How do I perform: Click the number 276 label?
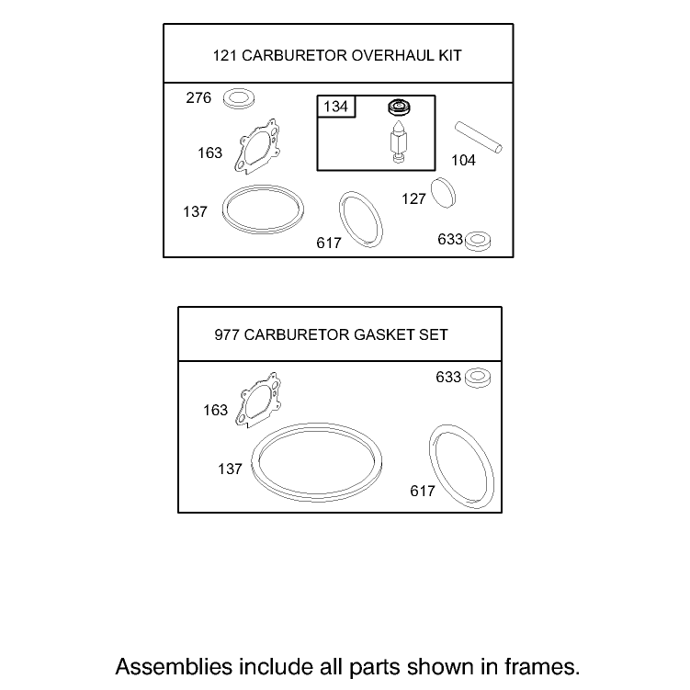[198, 97]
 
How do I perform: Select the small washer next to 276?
[239, 98]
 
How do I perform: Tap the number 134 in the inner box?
[335, 107]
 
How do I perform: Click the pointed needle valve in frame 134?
[399, 141]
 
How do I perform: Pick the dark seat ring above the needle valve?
[400, 107]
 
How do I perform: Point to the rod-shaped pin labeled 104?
[479, 137]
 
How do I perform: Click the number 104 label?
[463, 160]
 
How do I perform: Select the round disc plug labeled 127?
[443, 193]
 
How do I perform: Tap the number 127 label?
[413, 198]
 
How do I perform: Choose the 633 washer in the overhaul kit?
[478, 241]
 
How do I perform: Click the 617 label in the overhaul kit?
[329, 243]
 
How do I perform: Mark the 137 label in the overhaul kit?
[195, 212]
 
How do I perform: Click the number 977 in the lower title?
[227, 334]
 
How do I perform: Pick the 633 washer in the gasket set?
[478, 378]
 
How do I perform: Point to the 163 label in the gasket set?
[215, 410]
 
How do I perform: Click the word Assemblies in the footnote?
[174, 667]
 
